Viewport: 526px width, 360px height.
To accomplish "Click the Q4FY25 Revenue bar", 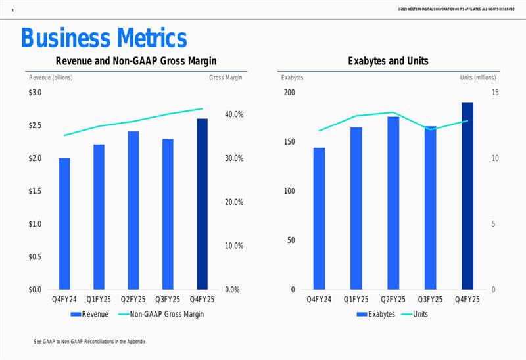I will click(203, 204).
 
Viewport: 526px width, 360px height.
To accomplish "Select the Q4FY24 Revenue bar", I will click(64, 224).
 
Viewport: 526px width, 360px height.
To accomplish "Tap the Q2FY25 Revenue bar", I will click(133, 211).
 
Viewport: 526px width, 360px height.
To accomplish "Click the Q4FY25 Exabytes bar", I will click(467, 196).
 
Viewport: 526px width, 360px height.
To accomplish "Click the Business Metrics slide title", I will click(104, 38).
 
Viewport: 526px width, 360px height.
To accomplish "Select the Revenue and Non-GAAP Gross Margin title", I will click(136, 61).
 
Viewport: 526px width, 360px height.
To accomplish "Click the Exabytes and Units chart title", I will click(388, 61).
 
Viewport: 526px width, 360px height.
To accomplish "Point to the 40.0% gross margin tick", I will click(233, 114).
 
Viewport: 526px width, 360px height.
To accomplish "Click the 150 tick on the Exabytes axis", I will click(289, 142).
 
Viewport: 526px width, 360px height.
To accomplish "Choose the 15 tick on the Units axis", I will click(496, 93).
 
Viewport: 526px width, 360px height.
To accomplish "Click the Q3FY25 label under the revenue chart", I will click(168, 300).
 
